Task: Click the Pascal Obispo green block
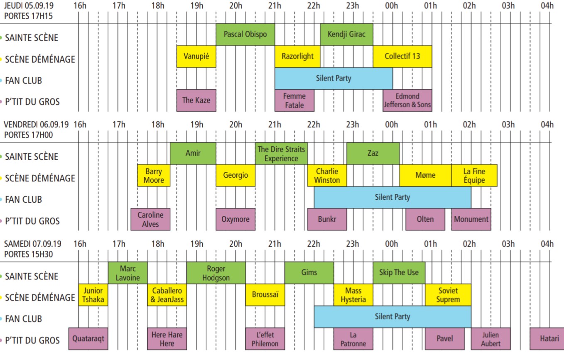tap(245, 34)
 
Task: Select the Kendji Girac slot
tap(346, 34)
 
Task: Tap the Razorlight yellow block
tap(298, 56)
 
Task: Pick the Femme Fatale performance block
tap(294, 100)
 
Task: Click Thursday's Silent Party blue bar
tap(333, 78)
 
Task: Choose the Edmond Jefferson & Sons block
tap(407, 100)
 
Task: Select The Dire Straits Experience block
tap(281, 154)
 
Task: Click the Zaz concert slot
tap(373, 154)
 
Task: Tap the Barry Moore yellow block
tap(154, 176)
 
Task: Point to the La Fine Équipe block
tap(474, 176)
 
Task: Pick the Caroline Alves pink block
tap(150, 219)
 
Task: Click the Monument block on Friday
tap(471, 219)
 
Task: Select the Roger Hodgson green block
tap(216, 273)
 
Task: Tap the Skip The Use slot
tap(399, 273)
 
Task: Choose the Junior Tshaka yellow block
tap(93, 295)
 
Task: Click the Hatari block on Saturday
tap(547, 338)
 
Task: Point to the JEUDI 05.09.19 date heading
tap(29, 5)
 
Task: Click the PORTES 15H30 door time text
tap(29, 254)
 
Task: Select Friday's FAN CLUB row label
tap(23, 200)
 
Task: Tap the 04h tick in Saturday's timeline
tap(547, 244)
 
